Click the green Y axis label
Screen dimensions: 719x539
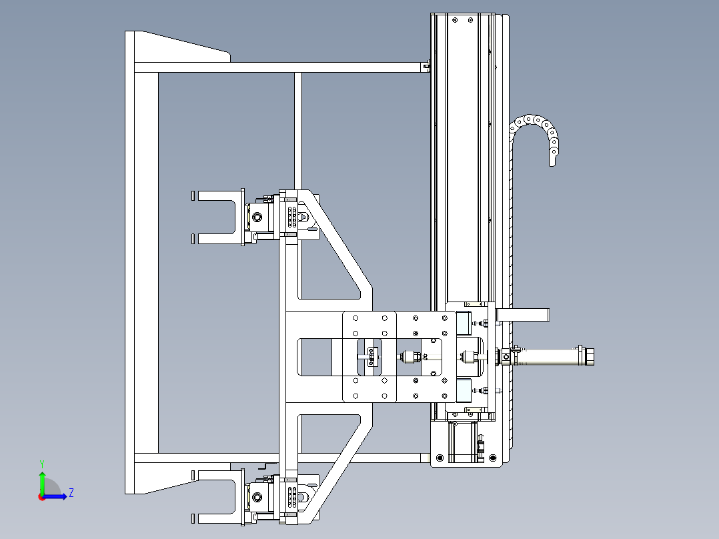point(42,464)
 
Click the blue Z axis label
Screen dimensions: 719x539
point(71,493)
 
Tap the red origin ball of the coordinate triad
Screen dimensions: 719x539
point(42,497)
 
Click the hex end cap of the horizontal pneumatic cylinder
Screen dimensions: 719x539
point(588,356)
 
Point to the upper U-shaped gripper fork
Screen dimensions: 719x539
point(215,217)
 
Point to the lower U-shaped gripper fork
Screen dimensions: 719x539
point(215,497)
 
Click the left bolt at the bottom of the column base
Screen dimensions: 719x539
point(440,458)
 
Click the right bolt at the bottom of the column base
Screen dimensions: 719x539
point(493,458)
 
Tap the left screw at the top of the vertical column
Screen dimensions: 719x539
point(455,20)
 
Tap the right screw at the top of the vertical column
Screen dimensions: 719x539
point(470,20)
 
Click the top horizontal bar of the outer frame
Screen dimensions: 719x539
point(282,67)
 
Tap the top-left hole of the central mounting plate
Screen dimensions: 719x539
point(355,318)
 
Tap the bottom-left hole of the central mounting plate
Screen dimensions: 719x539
point(355,396)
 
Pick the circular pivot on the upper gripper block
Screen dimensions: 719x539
point(257,217)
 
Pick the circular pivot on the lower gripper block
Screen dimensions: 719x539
point(257,497)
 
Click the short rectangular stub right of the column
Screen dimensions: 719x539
point(523,315)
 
